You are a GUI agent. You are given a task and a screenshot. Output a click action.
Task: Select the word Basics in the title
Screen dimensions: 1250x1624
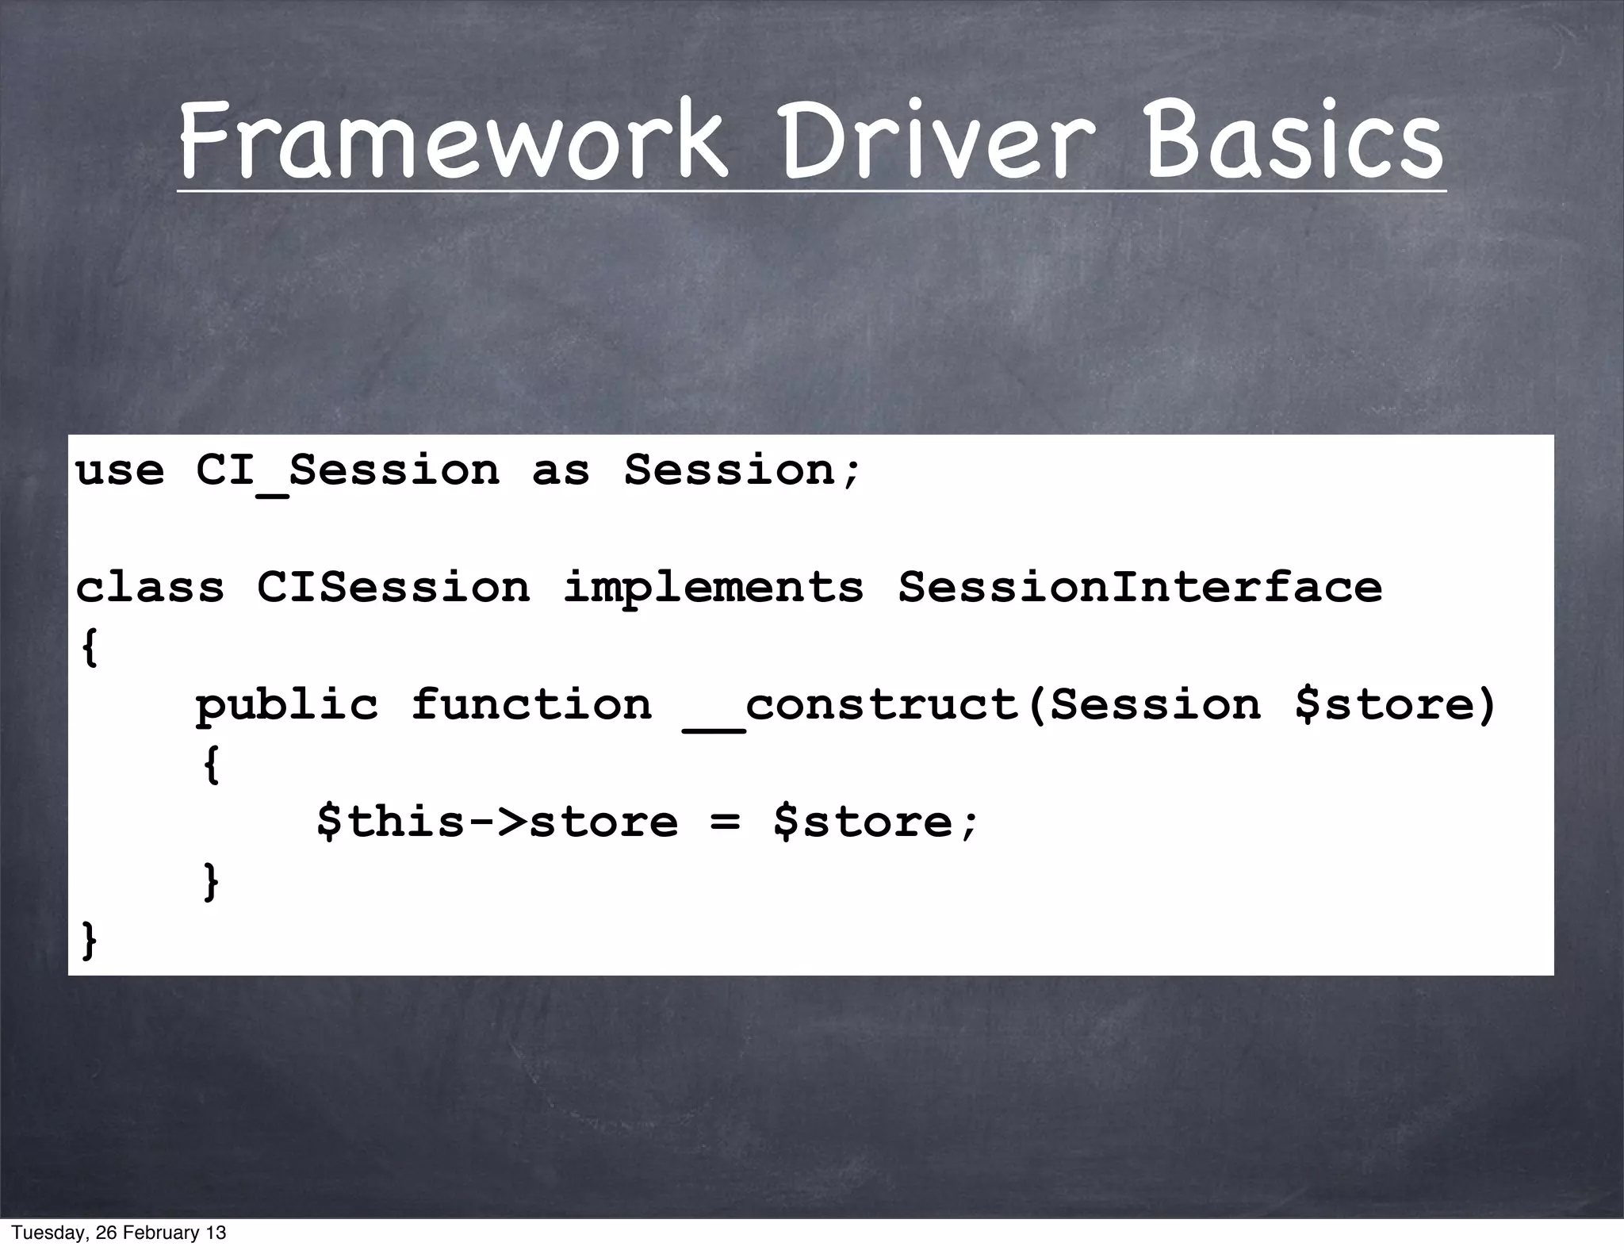pos(1293,141)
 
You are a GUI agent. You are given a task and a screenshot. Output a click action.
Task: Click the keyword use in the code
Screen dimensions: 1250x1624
pos(120,470)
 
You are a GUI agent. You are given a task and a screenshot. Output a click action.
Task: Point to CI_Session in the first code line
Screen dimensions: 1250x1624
pos(347,471)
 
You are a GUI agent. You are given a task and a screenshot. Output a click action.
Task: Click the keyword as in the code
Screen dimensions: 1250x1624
pos(561,471)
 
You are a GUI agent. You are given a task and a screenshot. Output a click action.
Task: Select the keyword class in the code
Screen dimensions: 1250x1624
pos(150,588)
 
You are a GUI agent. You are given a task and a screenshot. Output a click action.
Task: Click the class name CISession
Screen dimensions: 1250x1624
pos(393,588)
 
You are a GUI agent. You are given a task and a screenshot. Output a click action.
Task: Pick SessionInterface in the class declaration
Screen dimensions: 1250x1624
pos(1140,588)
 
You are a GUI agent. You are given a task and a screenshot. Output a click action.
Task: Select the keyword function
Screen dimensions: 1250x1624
pos(531,704)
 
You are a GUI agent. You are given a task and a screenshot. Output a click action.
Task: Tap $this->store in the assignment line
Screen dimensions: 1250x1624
pos(497,821)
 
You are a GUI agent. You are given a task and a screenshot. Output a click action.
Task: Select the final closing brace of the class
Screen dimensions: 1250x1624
pos(90,940)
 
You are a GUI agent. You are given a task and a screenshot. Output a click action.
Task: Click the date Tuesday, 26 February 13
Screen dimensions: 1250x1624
pos(119,1233)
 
